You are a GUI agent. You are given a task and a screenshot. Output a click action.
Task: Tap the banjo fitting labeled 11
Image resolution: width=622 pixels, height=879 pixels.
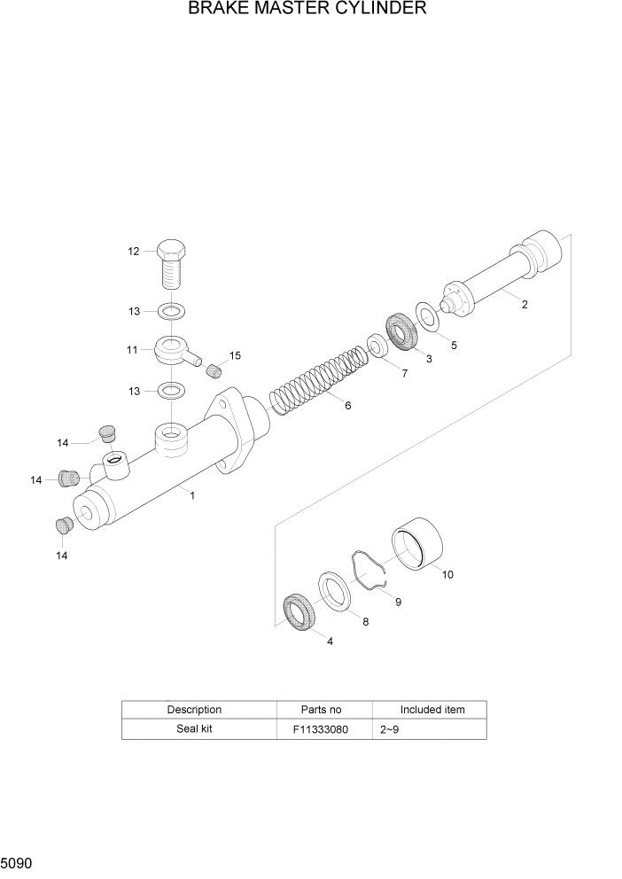click(x=174, y=351)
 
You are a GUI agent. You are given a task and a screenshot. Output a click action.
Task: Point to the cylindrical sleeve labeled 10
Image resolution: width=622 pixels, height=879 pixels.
click(x=418, y=542)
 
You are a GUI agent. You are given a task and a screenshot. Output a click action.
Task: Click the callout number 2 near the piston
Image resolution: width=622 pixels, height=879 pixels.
click(x=524, y=305)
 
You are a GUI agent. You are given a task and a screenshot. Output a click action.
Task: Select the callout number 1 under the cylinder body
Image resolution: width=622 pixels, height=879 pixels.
click(x=192, y=496)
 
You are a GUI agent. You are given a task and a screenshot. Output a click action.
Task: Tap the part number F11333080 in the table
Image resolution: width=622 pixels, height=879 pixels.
click(x=320, y=729)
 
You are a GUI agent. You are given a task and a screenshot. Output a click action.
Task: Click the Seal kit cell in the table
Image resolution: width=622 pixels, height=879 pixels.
click(x=194, y=729)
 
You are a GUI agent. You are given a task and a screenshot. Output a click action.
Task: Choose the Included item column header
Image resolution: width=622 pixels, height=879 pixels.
click(x=432, y=709)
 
